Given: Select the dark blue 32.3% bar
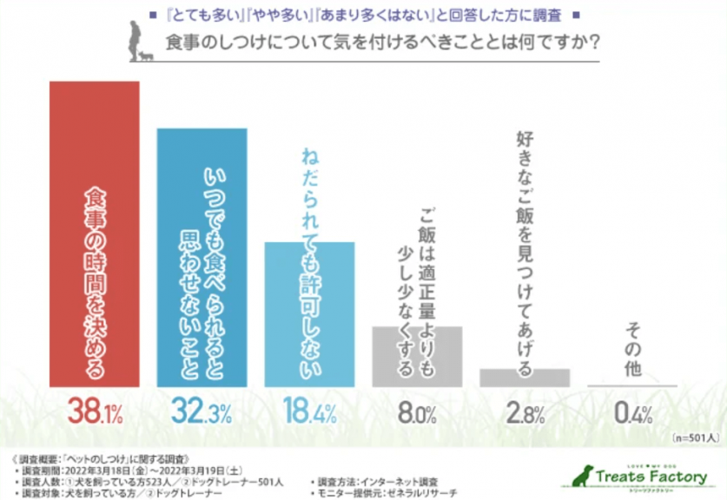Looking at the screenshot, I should point(202,257).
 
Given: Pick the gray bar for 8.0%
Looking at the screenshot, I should point(417,356).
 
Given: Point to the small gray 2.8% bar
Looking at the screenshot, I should point(525,378).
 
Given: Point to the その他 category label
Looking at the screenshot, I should point(633,352).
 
